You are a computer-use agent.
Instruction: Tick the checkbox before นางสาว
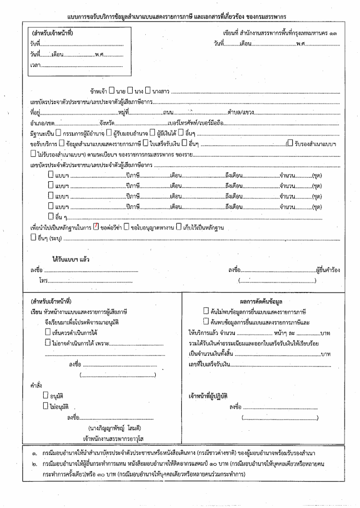pos(148,91)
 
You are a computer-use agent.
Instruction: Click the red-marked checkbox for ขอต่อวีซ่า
pos(96,227)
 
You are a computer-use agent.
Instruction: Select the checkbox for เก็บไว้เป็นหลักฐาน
pos(178,227)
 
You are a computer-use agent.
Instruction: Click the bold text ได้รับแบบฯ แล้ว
pos(71,260)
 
